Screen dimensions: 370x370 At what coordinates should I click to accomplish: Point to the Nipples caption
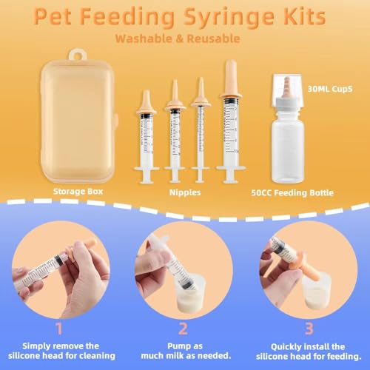coord(184,192)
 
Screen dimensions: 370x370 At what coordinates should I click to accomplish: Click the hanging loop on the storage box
coord(74,54)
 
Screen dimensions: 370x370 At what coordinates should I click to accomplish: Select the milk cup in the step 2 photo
coord(176,279)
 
